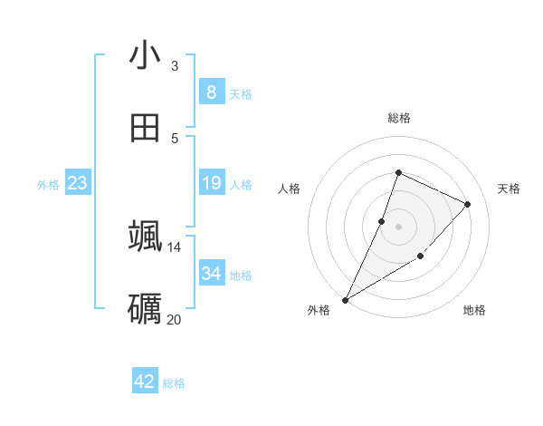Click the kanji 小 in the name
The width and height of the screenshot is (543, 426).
pyautogui.click(x=145, y=55)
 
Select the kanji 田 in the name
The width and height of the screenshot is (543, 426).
pyautogui.click(x=145, y=128)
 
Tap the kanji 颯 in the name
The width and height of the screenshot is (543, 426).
pyautogui.click(x=145, y=235)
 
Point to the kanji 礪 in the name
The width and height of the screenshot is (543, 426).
pyautogui.click(x=145, y=308)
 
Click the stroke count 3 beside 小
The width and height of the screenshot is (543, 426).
pyautogui.click(x=175, y=65)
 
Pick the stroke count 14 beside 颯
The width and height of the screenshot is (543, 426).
pyautogui.click(x=175, y=247)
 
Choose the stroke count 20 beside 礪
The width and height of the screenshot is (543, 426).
pyautogui.click(x=175, y=319)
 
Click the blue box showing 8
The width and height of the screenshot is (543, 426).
pyautogui.click(x=211, y=92)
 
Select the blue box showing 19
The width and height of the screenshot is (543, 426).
pyautogui.click(x=211, y=183)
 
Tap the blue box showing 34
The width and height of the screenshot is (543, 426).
pyautogui.click(x=211, y=274)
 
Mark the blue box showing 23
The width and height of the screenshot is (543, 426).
pyautogui.click(x=77, y=183)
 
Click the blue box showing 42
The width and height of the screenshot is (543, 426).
pyautogui.click(x=144, y=382)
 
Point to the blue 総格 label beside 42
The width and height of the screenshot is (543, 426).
pyautogui.click(x=174, y=383)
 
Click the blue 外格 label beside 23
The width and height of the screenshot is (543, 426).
pyautogui.click(x=48, y=185)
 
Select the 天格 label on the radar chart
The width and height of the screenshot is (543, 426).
pyautogui.click(x=509, y=189)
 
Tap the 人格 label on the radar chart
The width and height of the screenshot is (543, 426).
pyautogui.click(x=289, y=189)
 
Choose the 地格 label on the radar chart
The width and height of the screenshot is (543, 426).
pyautogui.click(x=474, y=310)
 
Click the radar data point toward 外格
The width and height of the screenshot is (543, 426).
pyautogui.click(x=345, y=299)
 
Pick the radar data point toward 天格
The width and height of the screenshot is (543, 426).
pyautogui.click(x=468, y=204)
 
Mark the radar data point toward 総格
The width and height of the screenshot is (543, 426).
pyautogui.click(x=398, y=172)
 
